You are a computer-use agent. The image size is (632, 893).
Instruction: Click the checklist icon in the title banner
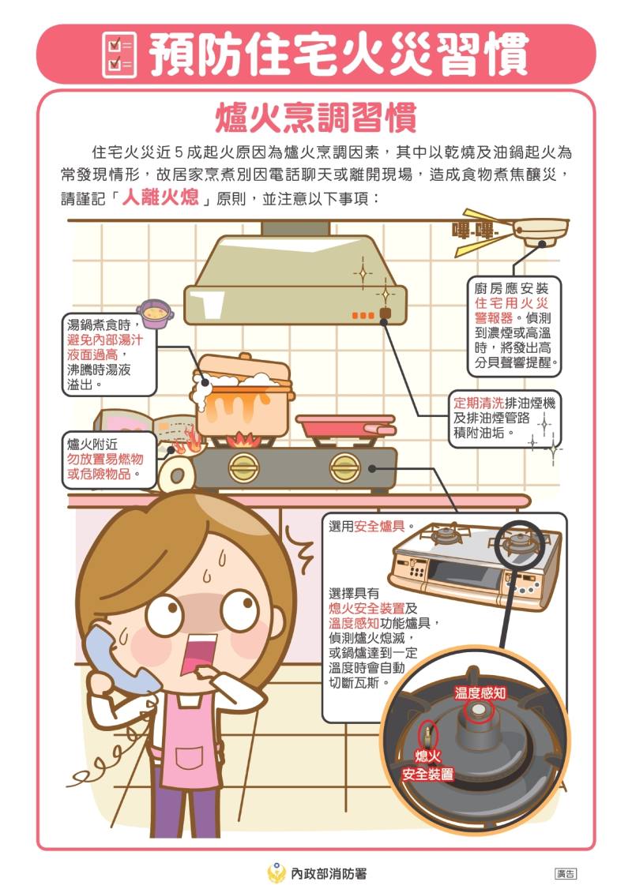[x=120, y=54]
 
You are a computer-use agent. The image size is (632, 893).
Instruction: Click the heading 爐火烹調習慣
[x=315, y=118]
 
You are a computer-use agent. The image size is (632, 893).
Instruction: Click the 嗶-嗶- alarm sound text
[x=472, y=231]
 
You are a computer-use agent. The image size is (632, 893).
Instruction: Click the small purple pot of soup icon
[x=155, y=313]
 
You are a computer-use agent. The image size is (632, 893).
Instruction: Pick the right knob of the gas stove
[x=344, y=468]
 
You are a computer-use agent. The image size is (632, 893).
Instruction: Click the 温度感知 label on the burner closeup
[x=480, y=692]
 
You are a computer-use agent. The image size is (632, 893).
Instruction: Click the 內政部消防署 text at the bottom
[x=328, y=873]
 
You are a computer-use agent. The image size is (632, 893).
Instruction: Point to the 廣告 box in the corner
[x=566, y=873]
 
